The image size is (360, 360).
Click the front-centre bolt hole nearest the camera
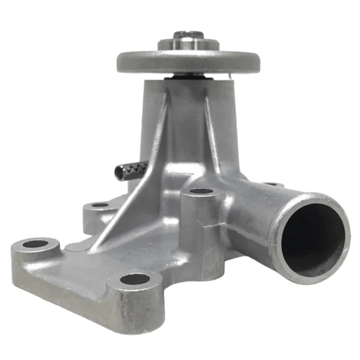tap(135, 279)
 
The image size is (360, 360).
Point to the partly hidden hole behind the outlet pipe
tap(270, 184)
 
